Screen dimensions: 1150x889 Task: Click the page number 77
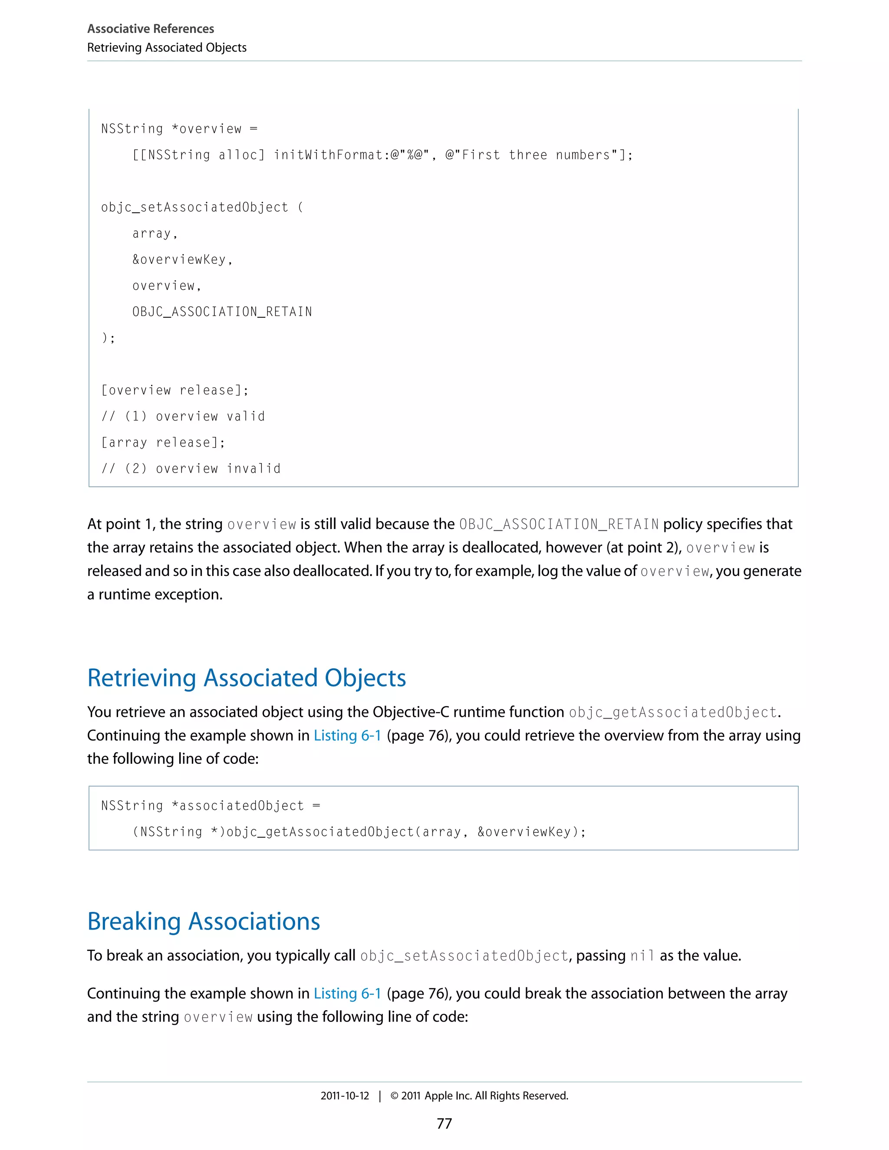444,1123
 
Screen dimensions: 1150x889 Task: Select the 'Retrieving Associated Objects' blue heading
247,678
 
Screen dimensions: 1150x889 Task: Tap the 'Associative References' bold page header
151,29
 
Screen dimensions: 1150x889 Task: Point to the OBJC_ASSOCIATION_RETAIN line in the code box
222,312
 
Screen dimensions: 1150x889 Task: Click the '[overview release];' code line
175,390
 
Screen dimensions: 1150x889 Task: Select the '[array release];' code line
163,442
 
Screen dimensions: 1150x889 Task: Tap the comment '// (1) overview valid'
183,417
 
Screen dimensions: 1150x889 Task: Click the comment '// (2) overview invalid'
191,469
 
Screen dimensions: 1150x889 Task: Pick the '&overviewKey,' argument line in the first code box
182,260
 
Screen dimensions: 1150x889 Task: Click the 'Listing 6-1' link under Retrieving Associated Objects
347,735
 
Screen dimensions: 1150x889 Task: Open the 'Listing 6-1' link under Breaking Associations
347,993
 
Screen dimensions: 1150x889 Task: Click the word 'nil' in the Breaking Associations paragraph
642,956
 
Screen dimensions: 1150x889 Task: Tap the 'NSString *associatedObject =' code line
211,805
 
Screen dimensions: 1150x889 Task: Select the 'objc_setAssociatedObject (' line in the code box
202,207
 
